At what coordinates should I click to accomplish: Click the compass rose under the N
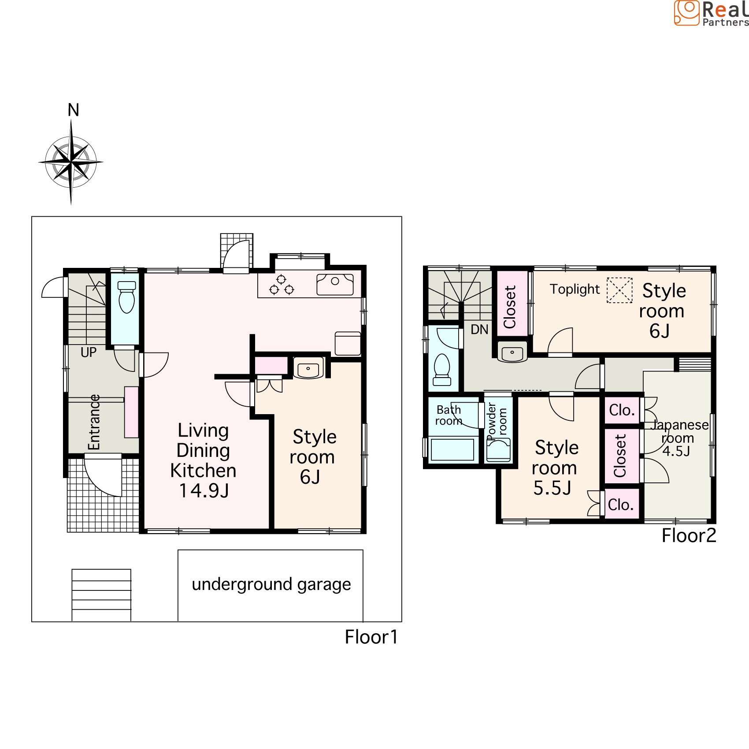tap(71, 162)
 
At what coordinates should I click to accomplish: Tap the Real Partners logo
tap(711, 13)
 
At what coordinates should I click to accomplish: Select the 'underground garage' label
tap(271, 585)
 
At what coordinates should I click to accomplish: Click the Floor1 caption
tap(371, 637)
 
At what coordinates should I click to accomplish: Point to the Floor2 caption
tap(689, 536)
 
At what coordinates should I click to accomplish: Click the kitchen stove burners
tap(282, 285)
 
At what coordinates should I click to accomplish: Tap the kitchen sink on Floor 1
tap(335, 284)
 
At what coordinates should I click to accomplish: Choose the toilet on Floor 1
tap(127, 297)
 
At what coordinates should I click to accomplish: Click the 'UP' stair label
tap(89, 352)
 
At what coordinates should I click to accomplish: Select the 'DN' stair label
tap(479, 330)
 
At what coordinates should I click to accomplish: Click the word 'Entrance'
tap(94, 422)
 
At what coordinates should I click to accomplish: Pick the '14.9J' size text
tap(204, 491)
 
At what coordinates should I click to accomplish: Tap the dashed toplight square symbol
tap(619, 290)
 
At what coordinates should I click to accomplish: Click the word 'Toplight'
tap(575, 289)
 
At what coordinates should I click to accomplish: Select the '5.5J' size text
tap(552, 488)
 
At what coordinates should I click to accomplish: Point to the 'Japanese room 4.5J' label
tap(679, 438)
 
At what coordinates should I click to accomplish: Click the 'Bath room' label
tap(449, 415)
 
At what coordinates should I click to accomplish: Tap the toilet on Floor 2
tap(442, 369)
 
